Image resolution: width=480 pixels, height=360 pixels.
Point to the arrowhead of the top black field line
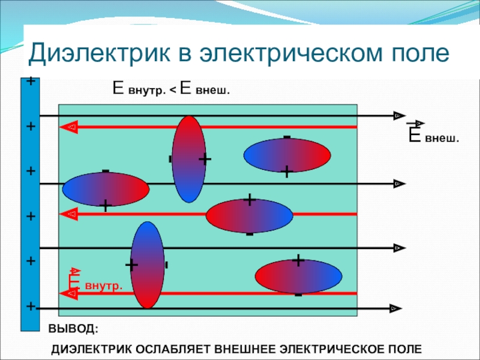click(398, 115)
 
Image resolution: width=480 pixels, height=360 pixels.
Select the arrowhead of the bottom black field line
click(394, 308)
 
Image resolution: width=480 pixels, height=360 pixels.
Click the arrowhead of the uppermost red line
click(70, 127)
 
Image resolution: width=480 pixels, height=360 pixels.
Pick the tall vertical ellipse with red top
click(188, 159)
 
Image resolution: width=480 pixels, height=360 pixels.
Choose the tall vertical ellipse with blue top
click(147, 265)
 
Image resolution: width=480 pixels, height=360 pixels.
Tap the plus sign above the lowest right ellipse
click(298, 261)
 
